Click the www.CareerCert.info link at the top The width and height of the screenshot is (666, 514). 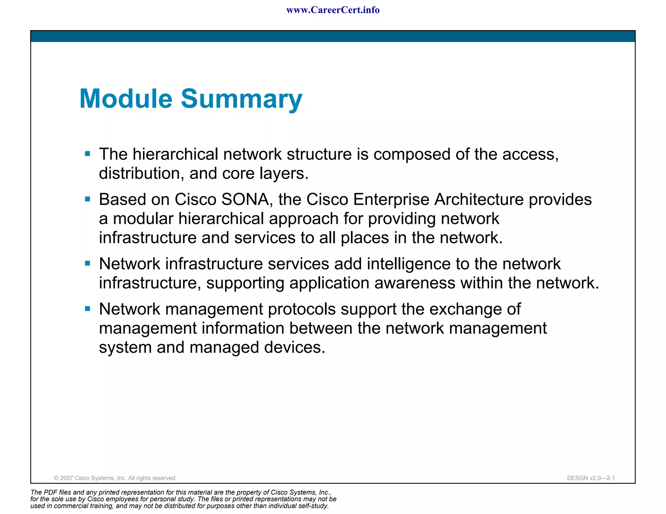tap(333, 10)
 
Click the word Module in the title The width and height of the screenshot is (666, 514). tap(126, 99)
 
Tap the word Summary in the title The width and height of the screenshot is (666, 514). tap(241, 99)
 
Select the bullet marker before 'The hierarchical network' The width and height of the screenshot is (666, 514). tap(87, 154)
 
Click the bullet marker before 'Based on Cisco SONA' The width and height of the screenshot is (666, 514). tap(87, 199)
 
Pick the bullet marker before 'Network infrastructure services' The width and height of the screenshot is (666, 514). tap(87, 263)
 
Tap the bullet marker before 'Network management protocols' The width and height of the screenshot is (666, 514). tap(87, 308)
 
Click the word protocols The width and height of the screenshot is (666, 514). tap(301, 309)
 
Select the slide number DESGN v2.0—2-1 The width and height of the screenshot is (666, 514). tap(591, 478)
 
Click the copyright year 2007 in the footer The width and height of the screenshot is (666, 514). tap(67, 478)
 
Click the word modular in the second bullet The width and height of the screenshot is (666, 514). tap(143, 219)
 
